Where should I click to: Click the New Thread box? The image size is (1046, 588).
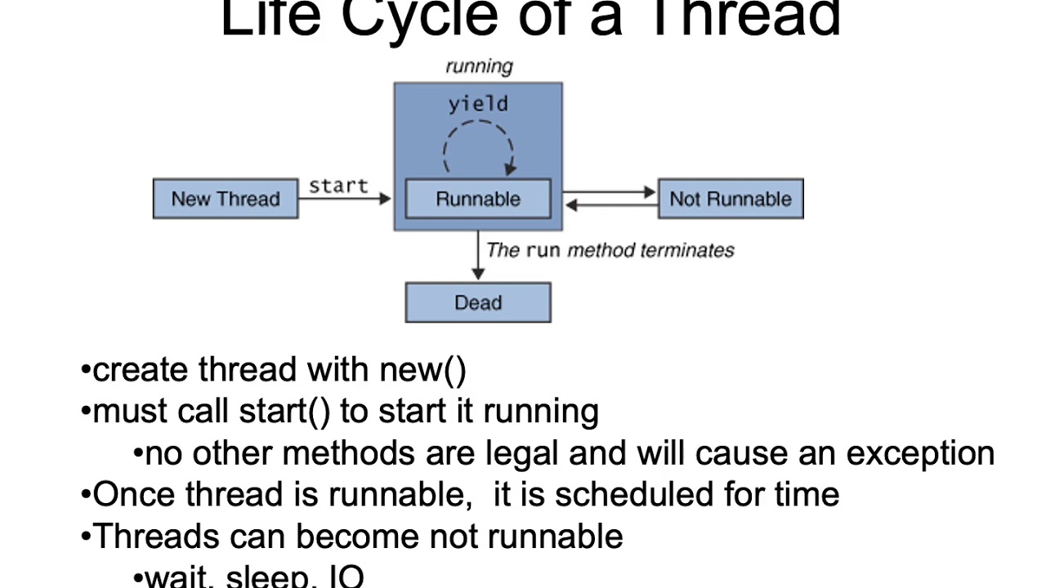226,199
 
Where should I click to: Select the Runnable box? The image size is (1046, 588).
478,199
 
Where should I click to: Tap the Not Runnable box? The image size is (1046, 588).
731,199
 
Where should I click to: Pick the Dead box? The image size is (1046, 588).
478,303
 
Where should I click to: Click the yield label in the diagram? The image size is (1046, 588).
478,105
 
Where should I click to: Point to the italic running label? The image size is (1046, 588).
479,67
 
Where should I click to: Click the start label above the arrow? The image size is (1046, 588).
338,186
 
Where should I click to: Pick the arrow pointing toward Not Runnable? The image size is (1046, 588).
609,193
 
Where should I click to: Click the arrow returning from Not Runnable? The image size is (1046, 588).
609,206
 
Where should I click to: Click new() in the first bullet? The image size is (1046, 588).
422,370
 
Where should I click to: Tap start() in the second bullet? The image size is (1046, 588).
284,412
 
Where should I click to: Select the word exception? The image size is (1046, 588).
920,453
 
